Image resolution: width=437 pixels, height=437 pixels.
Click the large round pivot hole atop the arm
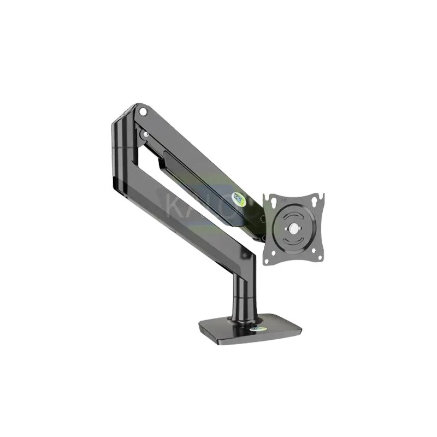click(143, 112)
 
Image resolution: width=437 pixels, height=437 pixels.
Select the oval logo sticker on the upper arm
click(239, 200)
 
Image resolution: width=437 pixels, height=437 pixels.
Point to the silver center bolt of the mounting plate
click(294, 228)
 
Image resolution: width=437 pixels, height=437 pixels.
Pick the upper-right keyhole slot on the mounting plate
click(315, 203)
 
